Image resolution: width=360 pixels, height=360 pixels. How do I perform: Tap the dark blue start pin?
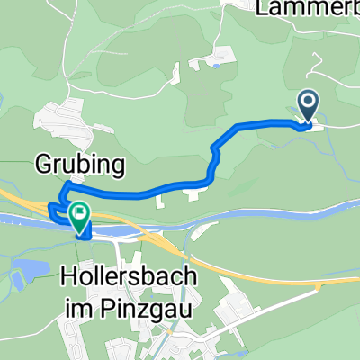(308, 107)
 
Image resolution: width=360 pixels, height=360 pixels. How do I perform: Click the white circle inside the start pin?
(308, 103)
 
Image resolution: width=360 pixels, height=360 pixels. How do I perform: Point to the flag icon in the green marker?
(80, 213)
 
